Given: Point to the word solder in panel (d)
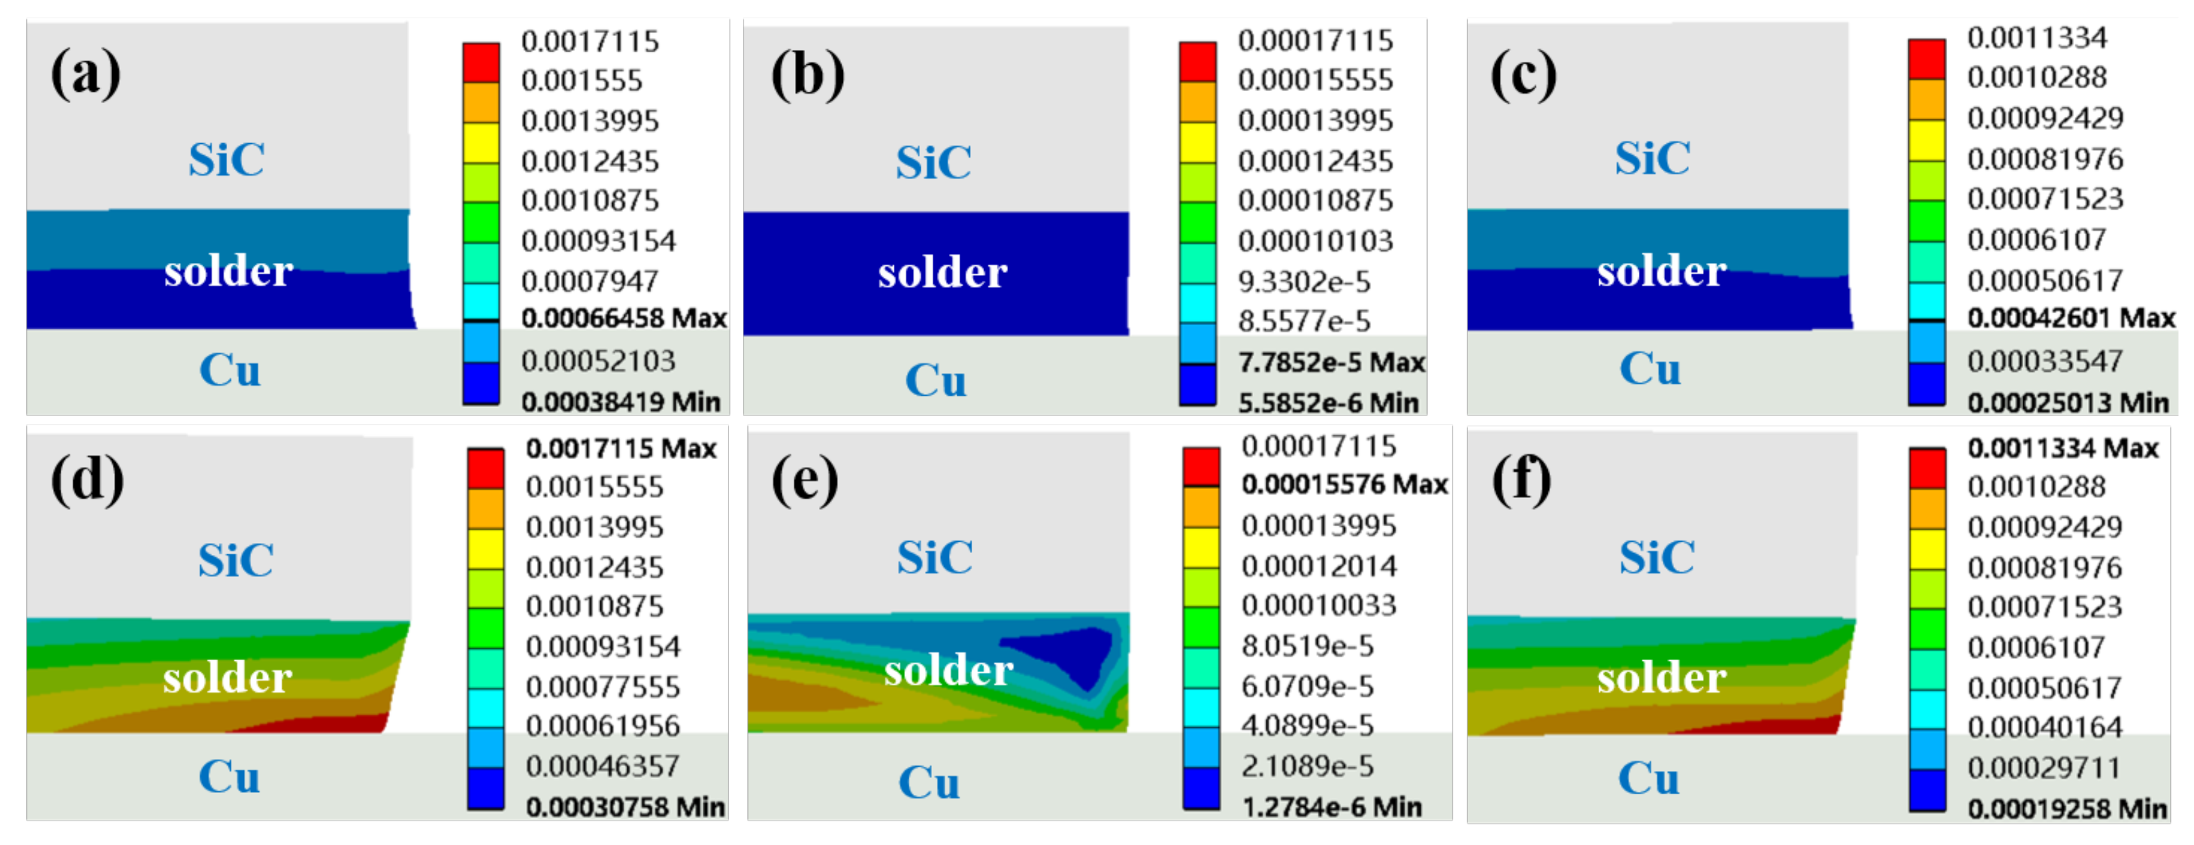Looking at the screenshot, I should (x=227, y=678).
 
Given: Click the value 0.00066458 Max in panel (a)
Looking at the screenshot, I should (x=624, y=319).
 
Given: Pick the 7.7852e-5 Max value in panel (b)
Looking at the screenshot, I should (x=1331, y=363).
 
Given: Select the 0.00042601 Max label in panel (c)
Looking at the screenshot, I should (x=2071, y=319).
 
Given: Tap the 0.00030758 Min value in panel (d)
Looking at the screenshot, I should (x=625, y=807).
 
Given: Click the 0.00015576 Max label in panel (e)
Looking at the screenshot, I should (x=1344, y=485).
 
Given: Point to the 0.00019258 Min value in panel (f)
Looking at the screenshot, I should (x=2067, y=808).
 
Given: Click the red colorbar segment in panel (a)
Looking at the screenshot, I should (x=481, y=62).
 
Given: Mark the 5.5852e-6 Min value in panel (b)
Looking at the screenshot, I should (x=1328, y=403).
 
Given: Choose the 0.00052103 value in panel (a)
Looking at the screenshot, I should (x=598, y=361).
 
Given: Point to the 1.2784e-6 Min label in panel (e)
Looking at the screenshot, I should (x=1331, y=807).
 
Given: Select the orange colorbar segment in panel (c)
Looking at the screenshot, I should (x=1927, y=99).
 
